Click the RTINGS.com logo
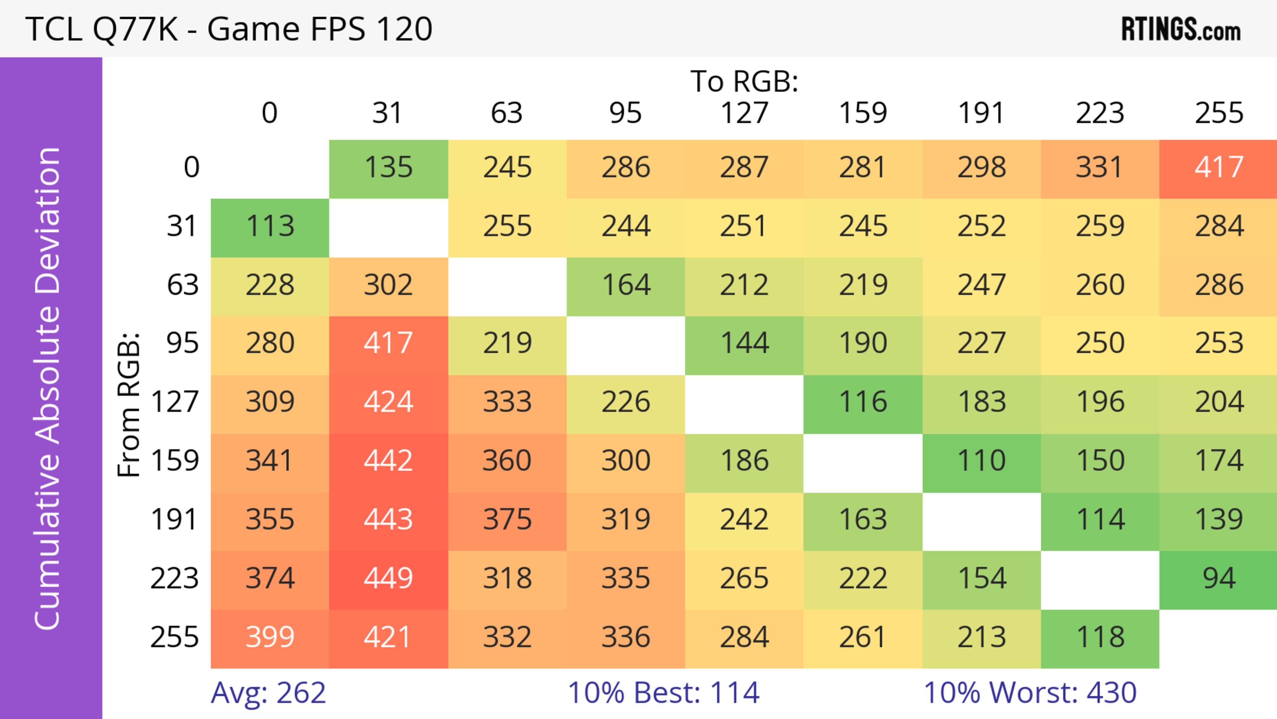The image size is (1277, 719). (1181, 29)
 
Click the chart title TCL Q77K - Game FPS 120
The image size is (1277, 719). (229, 29)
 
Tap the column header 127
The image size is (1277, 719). (744, 113)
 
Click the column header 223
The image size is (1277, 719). (1100, 113)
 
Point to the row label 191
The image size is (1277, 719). (175, 520)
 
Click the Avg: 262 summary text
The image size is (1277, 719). (268, 693)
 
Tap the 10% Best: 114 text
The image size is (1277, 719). (663, 693)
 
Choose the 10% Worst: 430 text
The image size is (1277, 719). (1030, 693)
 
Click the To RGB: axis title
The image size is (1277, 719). (744, 81)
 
